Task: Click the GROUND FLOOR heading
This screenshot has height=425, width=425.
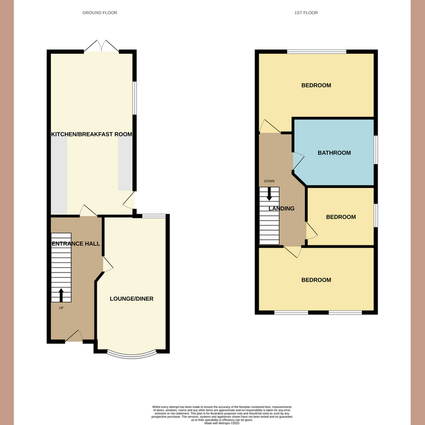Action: click(100, 12)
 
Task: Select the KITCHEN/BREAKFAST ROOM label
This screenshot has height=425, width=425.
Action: click(91, 134)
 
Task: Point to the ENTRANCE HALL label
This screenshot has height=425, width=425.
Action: click(75, 244)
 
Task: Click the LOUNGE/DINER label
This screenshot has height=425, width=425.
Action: click(131, 299)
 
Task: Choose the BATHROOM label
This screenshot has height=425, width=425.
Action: click(334, 153)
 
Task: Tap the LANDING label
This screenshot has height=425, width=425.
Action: click(282, 209)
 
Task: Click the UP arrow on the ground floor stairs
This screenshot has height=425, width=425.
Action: click(61, 295)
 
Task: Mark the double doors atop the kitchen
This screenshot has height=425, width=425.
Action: click(101, 46)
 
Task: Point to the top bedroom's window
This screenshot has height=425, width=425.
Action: click(317, 52)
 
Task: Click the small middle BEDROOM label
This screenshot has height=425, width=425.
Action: click(341, 217)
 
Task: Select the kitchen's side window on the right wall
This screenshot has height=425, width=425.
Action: click(134, 97)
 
